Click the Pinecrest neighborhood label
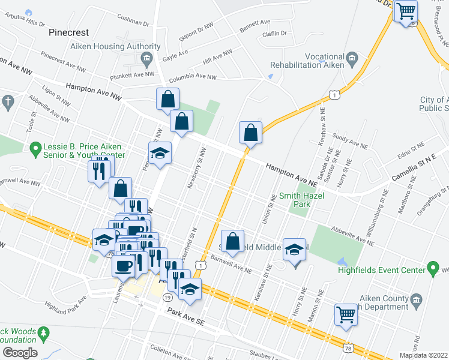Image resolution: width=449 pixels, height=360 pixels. [68, 32]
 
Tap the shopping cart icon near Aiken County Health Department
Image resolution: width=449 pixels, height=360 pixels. [346, 313]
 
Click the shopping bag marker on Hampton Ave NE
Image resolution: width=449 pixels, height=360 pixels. [250, 133]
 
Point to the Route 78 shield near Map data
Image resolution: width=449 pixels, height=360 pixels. [348, 347]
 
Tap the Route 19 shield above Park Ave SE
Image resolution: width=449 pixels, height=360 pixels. [167, 298]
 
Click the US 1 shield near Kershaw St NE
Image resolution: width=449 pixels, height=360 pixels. [334, 95]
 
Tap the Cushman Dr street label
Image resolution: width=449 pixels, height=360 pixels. [133, 20]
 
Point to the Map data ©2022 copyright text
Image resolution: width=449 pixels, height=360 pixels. [424, 355]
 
